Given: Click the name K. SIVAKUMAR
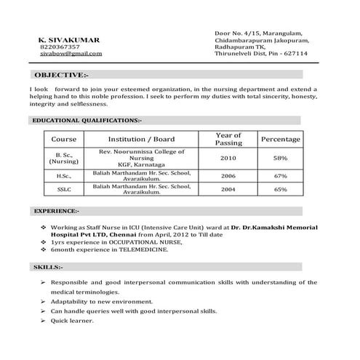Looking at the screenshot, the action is [70, 39].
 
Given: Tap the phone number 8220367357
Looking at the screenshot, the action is [60, 47].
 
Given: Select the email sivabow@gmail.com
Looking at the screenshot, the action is [71, 55].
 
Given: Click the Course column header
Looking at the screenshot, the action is [64, 138].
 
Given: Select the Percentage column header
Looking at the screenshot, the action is [281, 138].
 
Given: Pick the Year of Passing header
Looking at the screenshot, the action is [228, 138].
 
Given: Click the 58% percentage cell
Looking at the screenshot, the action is [281, 158].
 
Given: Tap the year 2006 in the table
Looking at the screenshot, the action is [228, 176].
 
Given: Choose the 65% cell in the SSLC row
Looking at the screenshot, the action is [281, 190].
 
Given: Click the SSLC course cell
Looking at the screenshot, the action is [64, 190].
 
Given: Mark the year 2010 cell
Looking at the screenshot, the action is [228, 158].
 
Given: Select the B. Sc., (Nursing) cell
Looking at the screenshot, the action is [64, 158].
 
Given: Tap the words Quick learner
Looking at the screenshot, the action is [73, 320].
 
